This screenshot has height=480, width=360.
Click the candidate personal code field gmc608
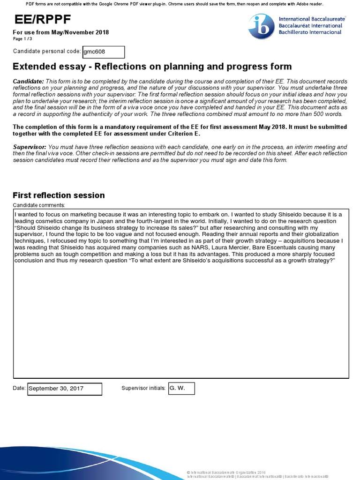pos(103,52)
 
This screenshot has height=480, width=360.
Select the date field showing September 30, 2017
pos(64,389)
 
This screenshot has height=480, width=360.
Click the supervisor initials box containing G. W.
pos(180,388)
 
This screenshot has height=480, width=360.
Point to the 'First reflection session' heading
pos(59,195)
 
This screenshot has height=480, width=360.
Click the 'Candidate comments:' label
pos(39,205)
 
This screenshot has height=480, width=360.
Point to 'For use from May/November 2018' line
pos(60,32)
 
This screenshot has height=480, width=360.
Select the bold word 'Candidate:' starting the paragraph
pos(28,82)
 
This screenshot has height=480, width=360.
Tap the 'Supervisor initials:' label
pos(143,388)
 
